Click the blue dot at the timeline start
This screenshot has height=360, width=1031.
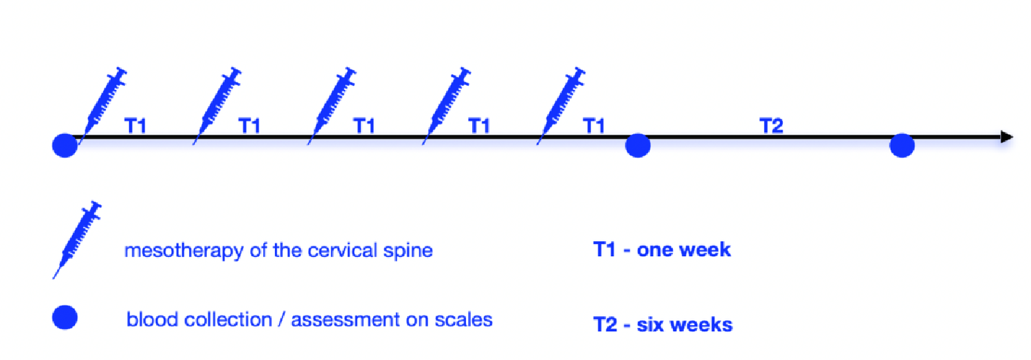[65, 146]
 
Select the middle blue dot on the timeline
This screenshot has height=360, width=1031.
[638, 146]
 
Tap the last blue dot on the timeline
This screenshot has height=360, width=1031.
[902, 146]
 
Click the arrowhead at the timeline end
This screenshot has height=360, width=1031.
[1007, 137]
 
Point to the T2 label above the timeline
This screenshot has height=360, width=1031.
[771, 126]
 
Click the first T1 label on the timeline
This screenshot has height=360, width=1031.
[135, 126]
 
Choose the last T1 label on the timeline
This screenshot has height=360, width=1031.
[595, 126]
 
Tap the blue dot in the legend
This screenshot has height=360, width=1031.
[65, 317]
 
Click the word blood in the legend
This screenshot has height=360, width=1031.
[148, 319]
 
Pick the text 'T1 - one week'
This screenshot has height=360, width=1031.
[662, 249]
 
